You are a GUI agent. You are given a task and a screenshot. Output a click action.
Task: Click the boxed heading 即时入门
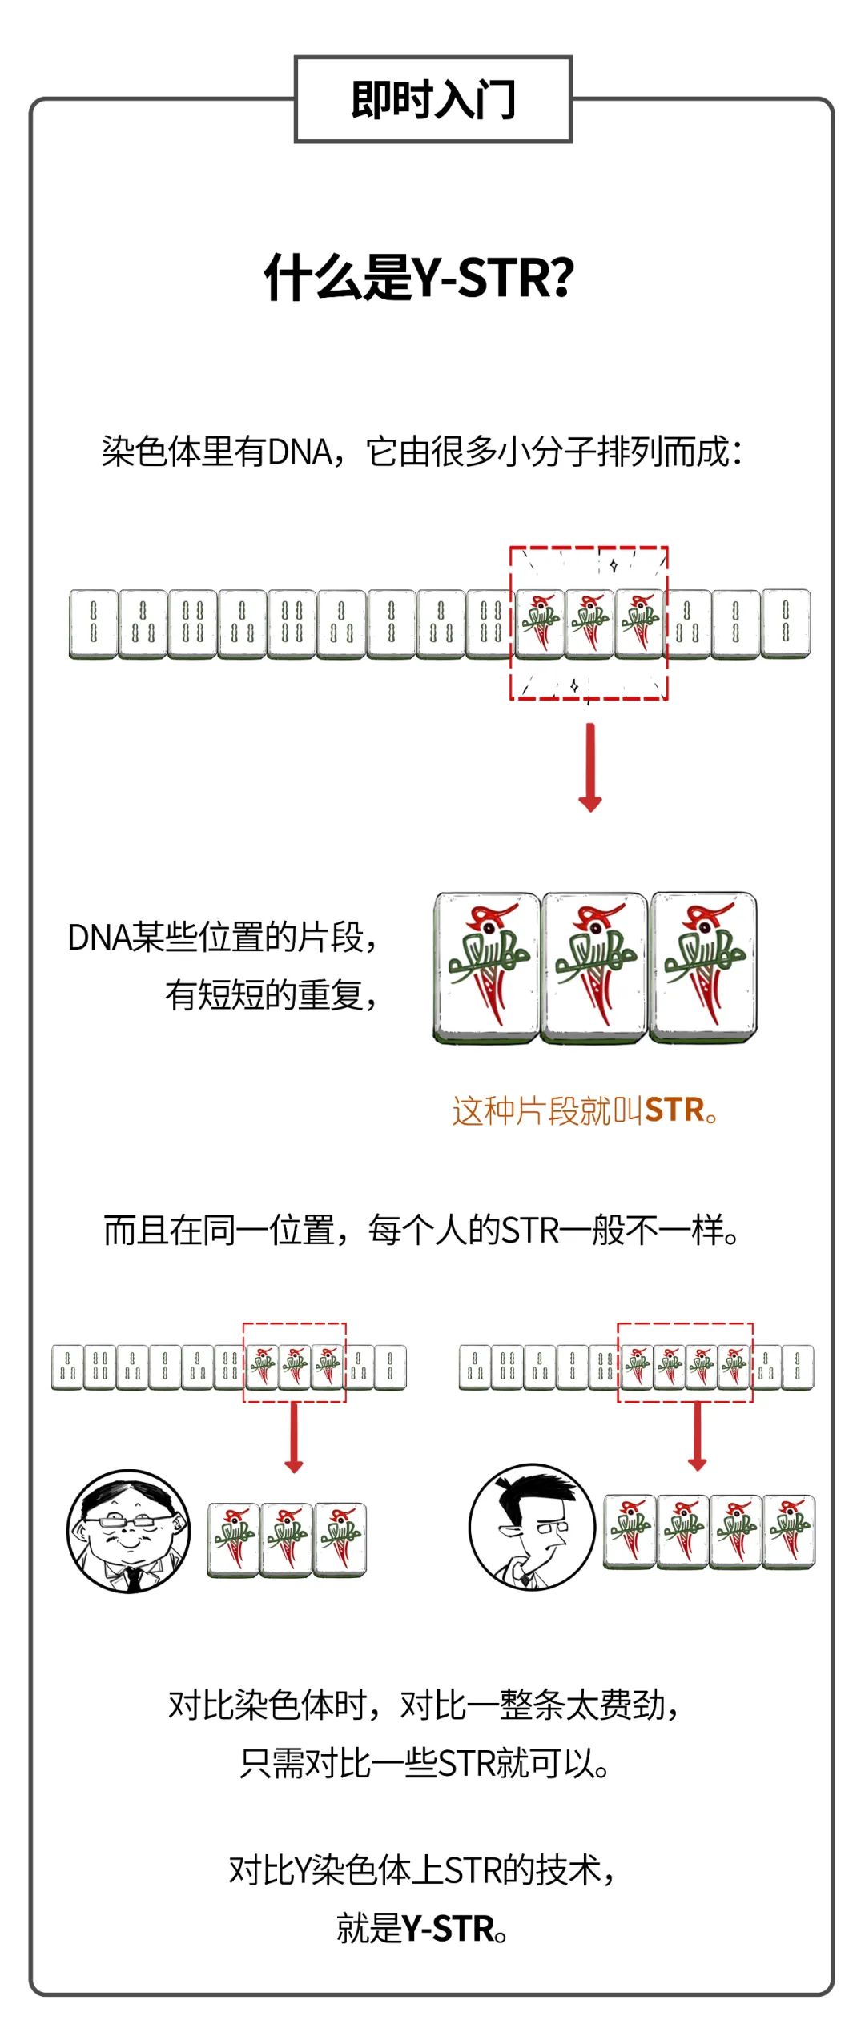tap(433, 100)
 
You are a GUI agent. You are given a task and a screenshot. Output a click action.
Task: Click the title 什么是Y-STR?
tap(419, 277)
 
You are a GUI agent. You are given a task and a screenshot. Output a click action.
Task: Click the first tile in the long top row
tap(93, 624)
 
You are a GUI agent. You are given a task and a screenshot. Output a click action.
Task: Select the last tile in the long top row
tap(786, 624)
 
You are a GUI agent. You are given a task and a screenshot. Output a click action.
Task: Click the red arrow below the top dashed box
tap(590, 767)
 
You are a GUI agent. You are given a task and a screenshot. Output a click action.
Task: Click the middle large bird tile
tap(594, 968)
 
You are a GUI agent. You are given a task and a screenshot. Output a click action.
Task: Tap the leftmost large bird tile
tap(486, 968)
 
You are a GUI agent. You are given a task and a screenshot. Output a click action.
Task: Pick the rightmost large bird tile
tap(703, 968)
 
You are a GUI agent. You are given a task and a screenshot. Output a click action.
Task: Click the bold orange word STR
tap(674, 1110)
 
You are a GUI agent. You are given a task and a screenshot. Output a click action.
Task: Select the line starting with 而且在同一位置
tap(422, 1230)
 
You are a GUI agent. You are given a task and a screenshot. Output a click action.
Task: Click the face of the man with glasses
tap(129, 1531)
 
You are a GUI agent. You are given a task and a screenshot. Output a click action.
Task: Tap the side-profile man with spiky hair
tap(533, 1528)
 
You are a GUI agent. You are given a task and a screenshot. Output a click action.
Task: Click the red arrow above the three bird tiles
tap(294, 1438)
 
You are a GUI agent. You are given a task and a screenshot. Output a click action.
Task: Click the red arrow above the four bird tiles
tap(698, 1437)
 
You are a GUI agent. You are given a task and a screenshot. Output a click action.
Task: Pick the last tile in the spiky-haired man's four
tap(789, 1532)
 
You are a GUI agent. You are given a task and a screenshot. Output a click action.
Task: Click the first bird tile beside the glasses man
tap(233, 1540)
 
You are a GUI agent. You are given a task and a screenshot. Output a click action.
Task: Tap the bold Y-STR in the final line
tap(448, 1930)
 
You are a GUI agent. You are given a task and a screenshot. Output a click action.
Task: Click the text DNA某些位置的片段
tap(222, 937)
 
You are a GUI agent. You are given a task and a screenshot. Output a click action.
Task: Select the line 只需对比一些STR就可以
tap(424, 1763)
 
